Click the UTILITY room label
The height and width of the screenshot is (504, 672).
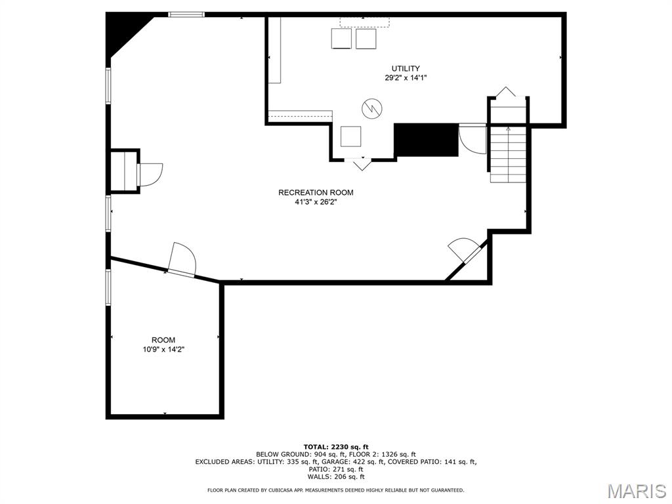406,68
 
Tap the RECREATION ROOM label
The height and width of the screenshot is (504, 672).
316,192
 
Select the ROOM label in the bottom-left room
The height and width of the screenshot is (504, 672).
163,341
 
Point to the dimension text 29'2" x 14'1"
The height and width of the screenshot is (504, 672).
406,78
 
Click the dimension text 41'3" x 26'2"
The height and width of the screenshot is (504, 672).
316,202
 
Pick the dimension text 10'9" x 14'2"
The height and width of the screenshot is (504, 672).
163,350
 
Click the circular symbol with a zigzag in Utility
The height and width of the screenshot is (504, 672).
372,108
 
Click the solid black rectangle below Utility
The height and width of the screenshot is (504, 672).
427,140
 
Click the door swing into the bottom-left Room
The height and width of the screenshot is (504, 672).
183,260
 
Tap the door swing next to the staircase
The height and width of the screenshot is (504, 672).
472,138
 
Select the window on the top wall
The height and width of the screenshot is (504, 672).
186,14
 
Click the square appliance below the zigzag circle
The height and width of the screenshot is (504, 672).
350,136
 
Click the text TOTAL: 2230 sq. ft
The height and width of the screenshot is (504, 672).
336,447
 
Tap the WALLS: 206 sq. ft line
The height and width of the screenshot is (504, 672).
336,476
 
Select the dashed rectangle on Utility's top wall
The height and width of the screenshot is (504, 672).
365,22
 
